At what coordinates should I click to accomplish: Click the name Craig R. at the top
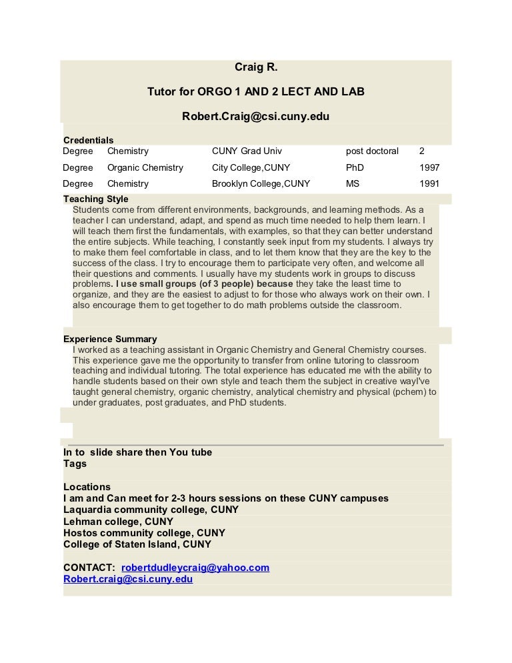[256, 67]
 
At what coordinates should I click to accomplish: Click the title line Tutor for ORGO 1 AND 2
[256, 91]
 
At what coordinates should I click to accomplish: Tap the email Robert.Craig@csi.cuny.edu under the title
[256, 116]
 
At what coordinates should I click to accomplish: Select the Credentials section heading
[88, 140]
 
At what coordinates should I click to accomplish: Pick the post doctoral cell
[372, 151]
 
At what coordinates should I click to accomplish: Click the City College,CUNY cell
[251, 168]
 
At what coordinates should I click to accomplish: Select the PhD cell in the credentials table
[355, 168]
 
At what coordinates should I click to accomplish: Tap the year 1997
[429, 168]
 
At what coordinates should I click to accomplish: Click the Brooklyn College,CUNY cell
[261, 183]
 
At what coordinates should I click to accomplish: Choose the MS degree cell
[353, 183]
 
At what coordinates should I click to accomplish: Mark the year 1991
[429, 183]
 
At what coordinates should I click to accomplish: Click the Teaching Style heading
[95, 199]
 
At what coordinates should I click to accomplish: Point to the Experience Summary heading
[110, 340]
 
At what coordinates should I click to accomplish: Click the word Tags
[75, 464]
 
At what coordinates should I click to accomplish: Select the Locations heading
[87, 487]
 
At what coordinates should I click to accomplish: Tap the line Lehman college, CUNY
[118, 522]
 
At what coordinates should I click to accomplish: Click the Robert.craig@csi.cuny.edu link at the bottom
[128, 579]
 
